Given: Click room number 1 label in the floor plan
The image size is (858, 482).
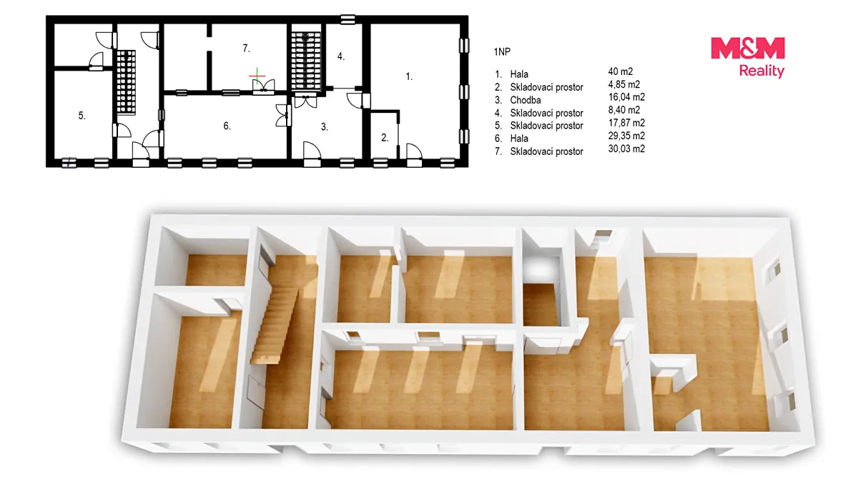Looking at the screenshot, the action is (409, 76).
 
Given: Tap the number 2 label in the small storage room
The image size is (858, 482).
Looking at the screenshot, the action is (385, 138).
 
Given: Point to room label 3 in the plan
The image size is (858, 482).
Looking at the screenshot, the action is (325, 126).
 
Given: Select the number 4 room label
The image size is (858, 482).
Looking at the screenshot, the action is (341, 56).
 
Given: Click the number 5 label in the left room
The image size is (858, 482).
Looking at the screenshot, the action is (82, 116).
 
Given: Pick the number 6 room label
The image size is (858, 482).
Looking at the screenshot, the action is (227, 126).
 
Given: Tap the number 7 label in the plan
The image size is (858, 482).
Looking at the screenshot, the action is (246, 49).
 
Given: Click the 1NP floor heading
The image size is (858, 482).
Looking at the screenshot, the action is (502, 51).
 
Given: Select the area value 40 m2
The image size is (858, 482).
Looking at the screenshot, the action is (621, 71).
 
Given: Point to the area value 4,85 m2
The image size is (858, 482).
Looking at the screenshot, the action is (624, 84).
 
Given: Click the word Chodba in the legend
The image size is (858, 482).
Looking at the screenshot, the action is (526, 100).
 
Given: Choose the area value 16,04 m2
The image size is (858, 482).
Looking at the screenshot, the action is (626, 97).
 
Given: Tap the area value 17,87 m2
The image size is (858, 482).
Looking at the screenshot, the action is (626, 123).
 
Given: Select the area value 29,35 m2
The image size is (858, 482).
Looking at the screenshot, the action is (626, 136).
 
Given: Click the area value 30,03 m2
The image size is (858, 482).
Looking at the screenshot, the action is (626, 149).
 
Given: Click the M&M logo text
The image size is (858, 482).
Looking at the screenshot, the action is (748, 49).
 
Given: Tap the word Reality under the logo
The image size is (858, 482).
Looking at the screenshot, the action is (761, 71).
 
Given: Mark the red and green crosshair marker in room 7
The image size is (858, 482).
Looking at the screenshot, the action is (257, 76).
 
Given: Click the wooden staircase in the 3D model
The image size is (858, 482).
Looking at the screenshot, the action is (274, 325).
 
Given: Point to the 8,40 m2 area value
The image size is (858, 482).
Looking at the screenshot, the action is (624, 110).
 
